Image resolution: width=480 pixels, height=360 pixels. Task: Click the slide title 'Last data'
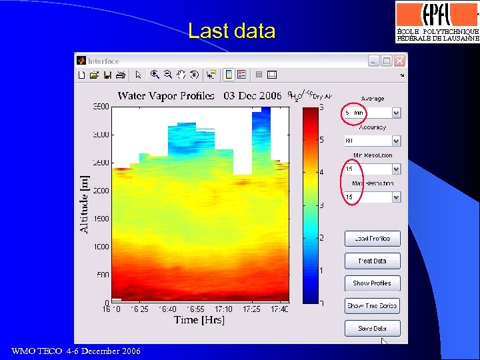231,31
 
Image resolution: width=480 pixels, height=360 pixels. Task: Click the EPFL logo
437,21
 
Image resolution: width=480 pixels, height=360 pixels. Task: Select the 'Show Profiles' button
372,283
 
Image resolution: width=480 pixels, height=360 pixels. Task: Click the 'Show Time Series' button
372,306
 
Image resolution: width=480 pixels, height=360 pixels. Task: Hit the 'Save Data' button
372,328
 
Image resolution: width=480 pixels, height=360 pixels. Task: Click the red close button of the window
399,61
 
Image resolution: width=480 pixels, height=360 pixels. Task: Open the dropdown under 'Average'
396,113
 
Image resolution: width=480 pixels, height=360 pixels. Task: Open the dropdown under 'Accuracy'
396,141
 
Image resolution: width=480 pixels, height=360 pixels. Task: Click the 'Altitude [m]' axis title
84,205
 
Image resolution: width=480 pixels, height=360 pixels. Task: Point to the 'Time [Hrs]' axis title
199,320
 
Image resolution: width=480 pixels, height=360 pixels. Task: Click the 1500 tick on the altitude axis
101,219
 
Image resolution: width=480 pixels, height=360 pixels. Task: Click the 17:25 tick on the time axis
251,309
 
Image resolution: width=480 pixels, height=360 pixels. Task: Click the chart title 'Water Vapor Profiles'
166,96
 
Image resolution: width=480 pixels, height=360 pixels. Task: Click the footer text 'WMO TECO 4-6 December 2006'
76,351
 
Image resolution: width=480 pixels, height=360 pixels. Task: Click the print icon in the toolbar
121,75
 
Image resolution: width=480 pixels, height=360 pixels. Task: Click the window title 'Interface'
103,61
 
